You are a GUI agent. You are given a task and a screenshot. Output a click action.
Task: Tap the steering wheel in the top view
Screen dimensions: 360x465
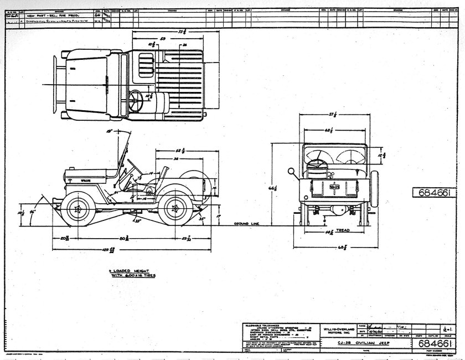[136, 100]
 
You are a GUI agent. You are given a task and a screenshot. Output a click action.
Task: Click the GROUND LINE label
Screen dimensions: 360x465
[246, 224]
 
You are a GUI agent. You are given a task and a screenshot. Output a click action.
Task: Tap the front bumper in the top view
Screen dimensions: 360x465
[56, 83]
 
